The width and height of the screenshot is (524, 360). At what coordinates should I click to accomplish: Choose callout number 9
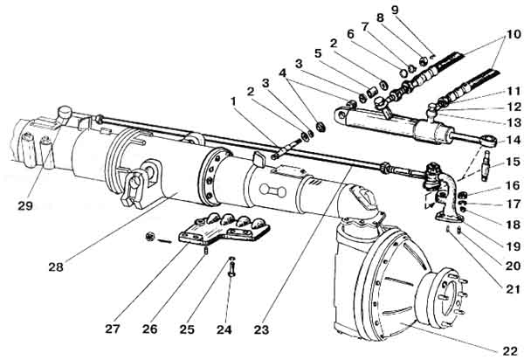tap(444, 10)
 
